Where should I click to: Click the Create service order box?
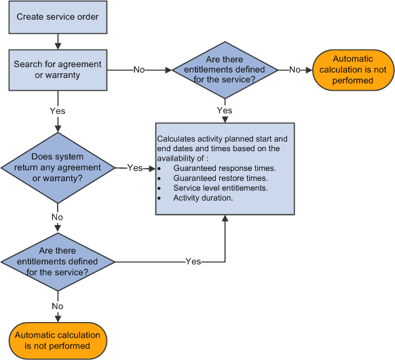[57, 16]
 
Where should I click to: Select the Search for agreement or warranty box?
[57, 69]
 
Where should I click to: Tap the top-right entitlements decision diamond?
[225, 69]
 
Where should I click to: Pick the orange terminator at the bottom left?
[57, 340]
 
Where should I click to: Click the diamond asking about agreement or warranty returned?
[57, 167]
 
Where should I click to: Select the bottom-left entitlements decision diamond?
[57, 262]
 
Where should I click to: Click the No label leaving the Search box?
[138, 69]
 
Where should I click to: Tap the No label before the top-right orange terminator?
[295, 69]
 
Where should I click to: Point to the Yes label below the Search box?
[57, 110]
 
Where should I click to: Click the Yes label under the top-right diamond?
[225, 110]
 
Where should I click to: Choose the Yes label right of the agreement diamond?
[135, 167]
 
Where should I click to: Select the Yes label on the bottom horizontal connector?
[193, 262]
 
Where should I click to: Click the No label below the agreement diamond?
[57, 217]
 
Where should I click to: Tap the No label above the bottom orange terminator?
[57, 306]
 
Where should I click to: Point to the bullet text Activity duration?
[203, 198]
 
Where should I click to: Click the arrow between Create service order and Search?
[57, 41]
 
